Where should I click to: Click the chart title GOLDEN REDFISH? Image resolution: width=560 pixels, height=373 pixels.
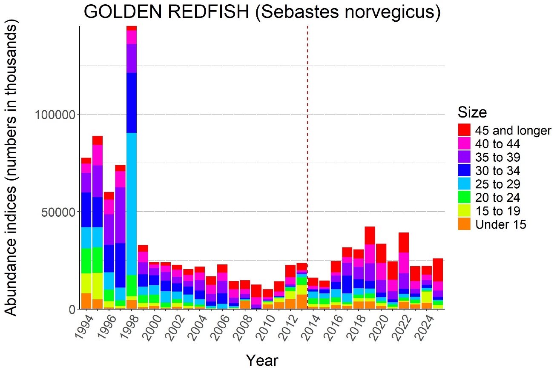point(261,12)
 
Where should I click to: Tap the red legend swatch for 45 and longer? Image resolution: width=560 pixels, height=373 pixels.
point(464,130)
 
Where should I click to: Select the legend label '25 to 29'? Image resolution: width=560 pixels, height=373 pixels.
point(497,184)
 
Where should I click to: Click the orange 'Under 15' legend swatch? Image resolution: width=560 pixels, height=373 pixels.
point(464,224)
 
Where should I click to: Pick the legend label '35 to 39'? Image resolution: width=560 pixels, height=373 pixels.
point(497,158)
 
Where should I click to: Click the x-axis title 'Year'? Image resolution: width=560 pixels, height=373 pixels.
point(262,360)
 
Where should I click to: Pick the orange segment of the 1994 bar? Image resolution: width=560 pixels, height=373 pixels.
point(86,301)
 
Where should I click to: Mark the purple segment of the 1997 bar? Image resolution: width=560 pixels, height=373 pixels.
point(120,215)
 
